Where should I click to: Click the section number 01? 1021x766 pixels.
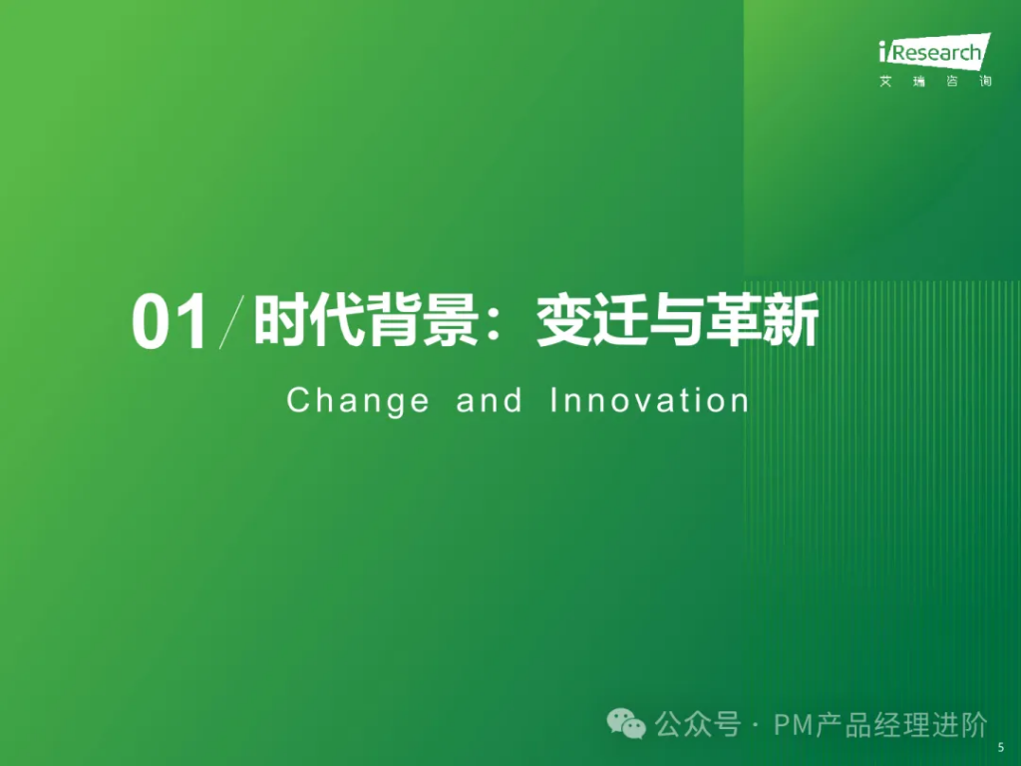170,322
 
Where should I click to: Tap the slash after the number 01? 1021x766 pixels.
231,322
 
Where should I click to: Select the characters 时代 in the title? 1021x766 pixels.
309,320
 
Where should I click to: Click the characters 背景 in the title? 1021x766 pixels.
422,320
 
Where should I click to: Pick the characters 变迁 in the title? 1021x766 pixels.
591,320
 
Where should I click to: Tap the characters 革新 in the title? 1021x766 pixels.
762,320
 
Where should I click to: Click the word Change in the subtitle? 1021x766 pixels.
358,401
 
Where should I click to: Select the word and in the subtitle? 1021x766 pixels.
489,400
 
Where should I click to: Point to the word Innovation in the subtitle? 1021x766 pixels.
649,400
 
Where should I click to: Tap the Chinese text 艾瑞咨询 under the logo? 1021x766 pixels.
935,82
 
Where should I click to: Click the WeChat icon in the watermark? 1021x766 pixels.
626,724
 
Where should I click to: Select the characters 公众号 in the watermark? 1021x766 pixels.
697,725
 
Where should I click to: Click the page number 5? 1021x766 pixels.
1001,748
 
